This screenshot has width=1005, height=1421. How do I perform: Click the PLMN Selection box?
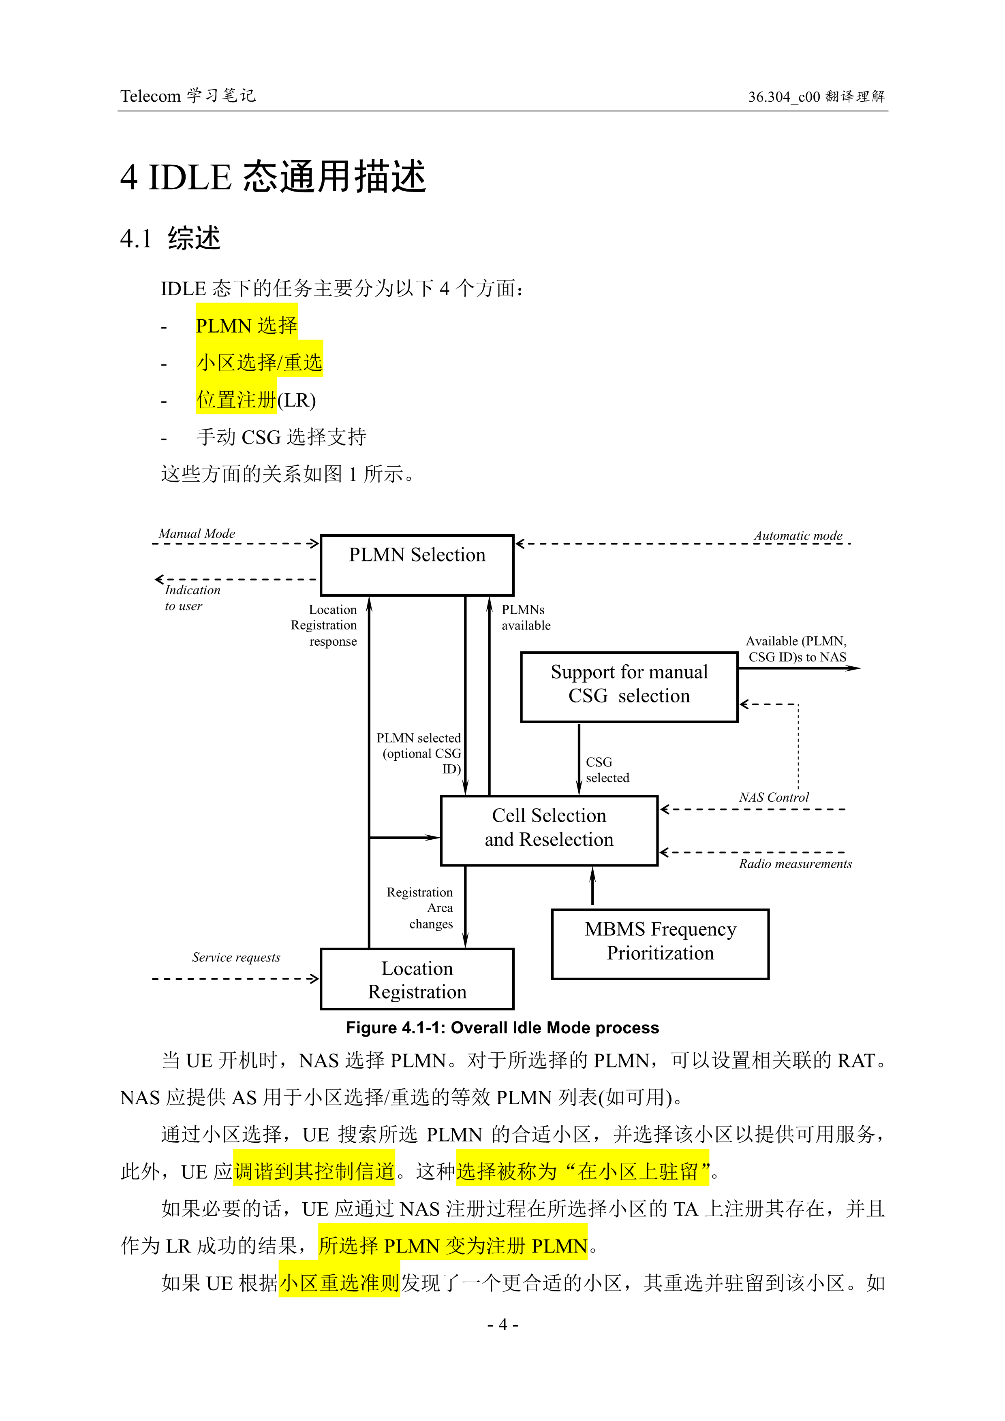417,564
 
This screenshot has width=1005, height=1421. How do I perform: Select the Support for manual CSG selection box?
629,686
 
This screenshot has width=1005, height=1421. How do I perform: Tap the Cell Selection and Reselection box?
549,830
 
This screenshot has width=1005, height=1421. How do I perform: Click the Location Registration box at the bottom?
417,979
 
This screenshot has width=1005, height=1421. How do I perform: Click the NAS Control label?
774,797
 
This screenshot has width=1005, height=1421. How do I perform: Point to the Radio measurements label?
795,863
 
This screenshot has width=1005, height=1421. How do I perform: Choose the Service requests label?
236,957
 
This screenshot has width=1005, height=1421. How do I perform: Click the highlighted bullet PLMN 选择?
246,326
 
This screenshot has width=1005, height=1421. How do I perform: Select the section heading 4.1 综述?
170,238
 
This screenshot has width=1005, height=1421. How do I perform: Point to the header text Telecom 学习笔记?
188,96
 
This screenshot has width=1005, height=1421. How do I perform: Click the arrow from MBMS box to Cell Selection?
592,886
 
